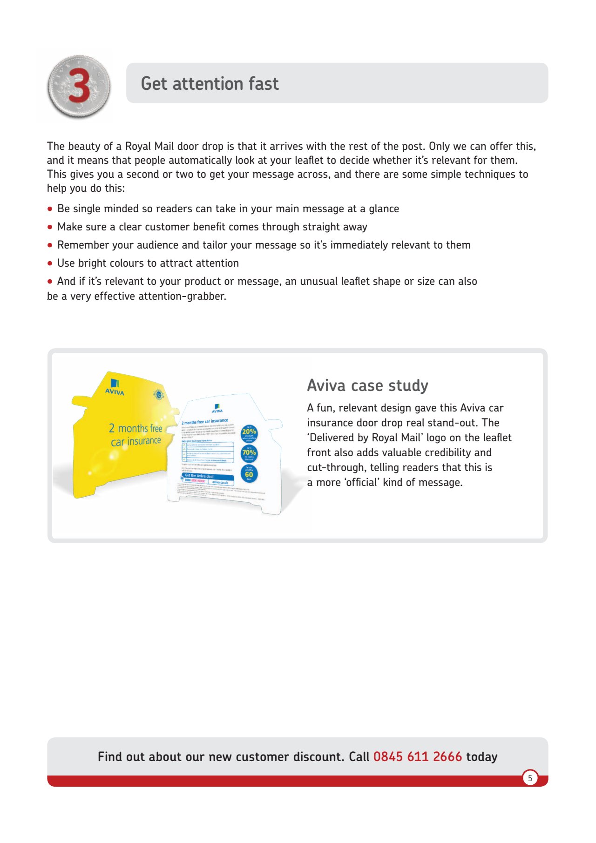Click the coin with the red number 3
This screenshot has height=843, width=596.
79,87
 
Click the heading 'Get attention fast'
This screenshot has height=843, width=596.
210,84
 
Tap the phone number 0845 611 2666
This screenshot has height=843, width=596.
417,756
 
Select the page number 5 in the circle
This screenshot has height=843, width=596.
530,778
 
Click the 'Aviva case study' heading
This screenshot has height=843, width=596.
367,385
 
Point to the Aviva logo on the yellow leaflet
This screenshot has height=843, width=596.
115,387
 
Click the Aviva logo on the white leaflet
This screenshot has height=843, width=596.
217,409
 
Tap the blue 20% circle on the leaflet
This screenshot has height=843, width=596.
249,432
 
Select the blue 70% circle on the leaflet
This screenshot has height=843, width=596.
249,453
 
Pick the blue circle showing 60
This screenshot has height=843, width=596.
249,474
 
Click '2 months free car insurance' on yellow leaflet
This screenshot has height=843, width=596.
135,434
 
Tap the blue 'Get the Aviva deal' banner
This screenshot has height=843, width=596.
207,477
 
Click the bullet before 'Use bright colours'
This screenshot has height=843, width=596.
50,263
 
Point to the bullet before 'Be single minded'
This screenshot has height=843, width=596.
50,209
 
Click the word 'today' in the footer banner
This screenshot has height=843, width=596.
481,756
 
